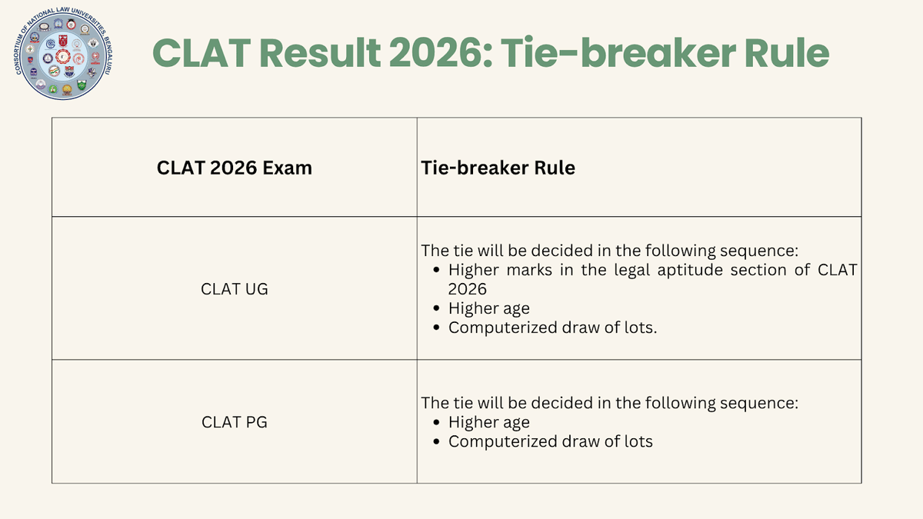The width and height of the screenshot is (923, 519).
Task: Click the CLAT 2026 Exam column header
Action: tap(235, 168)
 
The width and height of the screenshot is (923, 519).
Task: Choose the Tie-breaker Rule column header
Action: tap(498, 168)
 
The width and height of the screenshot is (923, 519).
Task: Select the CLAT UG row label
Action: tap(235, 290)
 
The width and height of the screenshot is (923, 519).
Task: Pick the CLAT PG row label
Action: tap(235, 422)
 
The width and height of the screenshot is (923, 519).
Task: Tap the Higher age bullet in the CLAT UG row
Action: tap(488, 308)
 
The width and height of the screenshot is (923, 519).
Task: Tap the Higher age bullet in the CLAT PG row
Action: tap(488, 422)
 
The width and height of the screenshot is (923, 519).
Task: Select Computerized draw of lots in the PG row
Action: tap(551, 441)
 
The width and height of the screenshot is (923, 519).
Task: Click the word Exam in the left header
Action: tap(291, 168)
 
